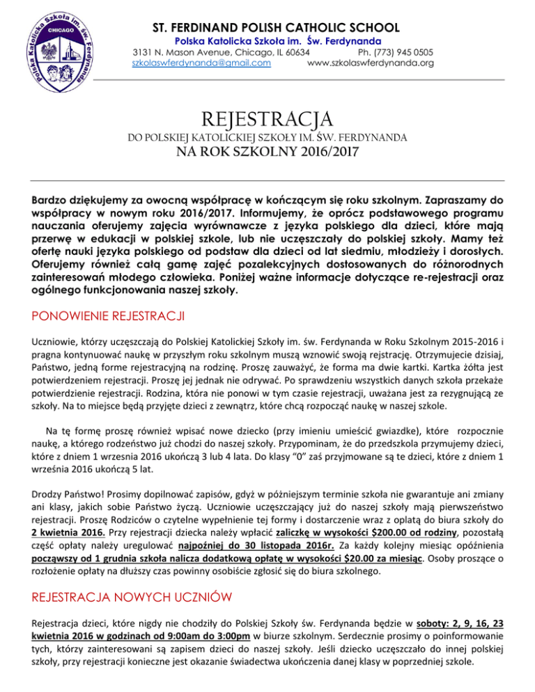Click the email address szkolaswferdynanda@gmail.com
pos(201,63)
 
